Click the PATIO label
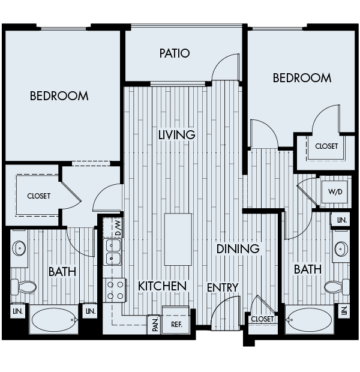175,53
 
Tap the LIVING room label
177,134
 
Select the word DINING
238,248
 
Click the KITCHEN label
163,286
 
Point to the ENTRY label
223,287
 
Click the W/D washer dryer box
334,193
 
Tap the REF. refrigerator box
176,323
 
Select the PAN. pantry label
155,324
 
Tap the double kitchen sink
113,252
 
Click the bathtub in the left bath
54,320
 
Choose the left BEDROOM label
59,96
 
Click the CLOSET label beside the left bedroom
38,196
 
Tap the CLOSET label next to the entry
262,319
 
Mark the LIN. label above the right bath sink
342,221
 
